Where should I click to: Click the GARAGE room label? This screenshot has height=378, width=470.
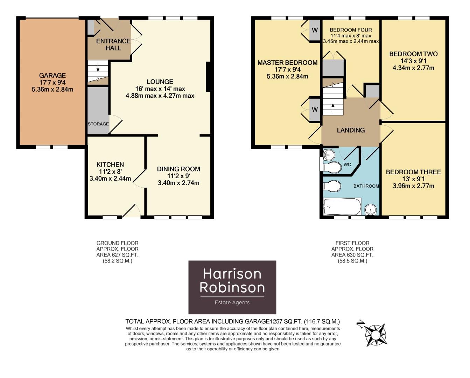point(52,75)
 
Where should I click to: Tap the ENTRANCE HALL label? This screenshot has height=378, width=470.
point(113,44)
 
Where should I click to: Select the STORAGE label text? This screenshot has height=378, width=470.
point(98,124)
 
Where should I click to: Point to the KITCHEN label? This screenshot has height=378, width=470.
point(110,164)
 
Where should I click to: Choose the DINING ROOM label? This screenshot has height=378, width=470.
point(178,169)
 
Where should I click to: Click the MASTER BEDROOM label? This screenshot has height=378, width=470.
point(287,63)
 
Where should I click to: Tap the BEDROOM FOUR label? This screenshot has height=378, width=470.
point(351,30)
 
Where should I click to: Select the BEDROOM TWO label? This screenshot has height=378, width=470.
point(413,54)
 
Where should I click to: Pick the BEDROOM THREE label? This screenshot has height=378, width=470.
point(413,172)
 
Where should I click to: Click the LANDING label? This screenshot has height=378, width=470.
point(351,130)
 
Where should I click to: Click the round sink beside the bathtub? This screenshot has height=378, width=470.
point(371,210)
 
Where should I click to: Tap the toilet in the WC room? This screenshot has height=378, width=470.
point(332,168)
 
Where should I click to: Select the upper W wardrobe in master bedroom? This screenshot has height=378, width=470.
point(315,30)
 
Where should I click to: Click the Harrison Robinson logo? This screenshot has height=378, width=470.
point(232,287)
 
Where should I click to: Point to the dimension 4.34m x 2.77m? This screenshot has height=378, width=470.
point(413,68)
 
